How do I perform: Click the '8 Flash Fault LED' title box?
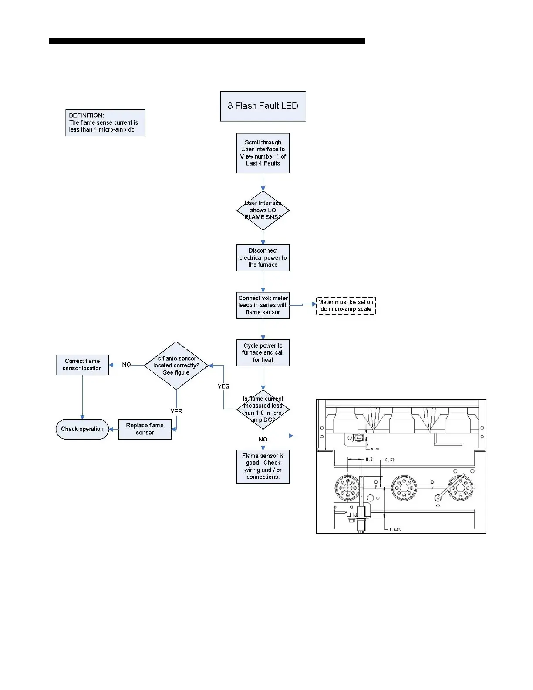coord(263,106)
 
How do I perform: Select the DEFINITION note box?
coord(105,123)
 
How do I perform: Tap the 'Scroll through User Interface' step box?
coord(263,153)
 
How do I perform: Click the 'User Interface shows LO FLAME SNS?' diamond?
coord(263,210)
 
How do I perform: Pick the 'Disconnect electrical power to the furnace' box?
coord(263,258)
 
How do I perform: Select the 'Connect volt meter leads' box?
coord(263,305)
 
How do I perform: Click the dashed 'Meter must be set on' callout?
coord(346,305)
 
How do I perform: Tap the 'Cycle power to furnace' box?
coord(263,353)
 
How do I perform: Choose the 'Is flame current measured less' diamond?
coord(263,409)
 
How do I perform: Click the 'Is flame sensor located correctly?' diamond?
coord(176,365)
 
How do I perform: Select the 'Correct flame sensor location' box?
coord(82,365)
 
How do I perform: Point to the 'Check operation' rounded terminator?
coord(82,429)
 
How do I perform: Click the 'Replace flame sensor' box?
coord(145,429)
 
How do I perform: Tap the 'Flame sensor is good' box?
coord(263,467)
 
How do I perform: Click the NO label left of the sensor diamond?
coord(126,365)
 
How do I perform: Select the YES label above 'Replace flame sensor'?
coord(176,411)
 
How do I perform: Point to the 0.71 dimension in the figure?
coord(370,460)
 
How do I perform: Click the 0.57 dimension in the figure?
coord(390,460)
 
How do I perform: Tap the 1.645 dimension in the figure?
coord(395,530)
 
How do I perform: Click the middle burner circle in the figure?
coord(404,487)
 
